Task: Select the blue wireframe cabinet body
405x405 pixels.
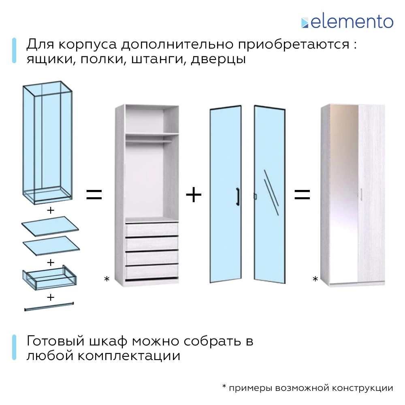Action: pyautogui.click(x=48, y=142)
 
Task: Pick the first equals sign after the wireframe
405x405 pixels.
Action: pyautogui.click(x=94, y=195)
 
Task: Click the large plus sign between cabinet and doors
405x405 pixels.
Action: pyautogui.click(x=194, y=195)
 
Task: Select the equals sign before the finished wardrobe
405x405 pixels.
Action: pyautogui.click(x=302, y=195)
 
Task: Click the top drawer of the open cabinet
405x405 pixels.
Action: pyautogui.click(x=152, y=229)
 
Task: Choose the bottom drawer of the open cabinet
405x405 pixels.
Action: pyautogui.click(x=152, y=271)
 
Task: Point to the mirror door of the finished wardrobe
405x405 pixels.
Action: pyautogui.click(x=344, y=194)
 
